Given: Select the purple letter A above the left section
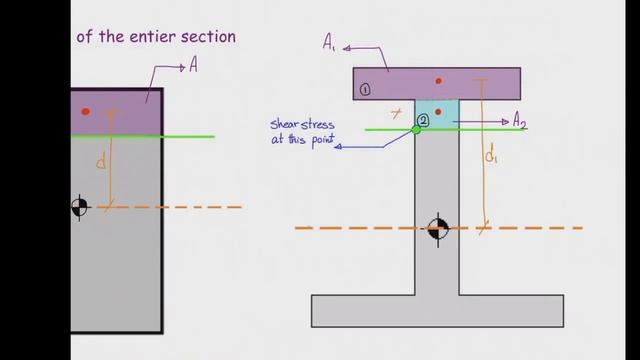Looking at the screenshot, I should pos(192,66).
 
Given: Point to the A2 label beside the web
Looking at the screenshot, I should pos(519,122).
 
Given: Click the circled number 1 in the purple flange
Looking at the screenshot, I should pos(365,89).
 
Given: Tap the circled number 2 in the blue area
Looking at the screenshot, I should pos(424,120).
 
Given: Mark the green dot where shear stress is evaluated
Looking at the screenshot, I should pos(416,129).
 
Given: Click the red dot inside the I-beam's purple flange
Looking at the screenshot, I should pos(438,80).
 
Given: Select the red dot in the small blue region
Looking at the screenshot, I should pos(438,111).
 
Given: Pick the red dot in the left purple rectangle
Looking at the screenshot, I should pos(86,111).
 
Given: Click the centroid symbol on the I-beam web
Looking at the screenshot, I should pos(437,228).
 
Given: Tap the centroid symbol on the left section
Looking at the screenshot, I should pos(80,207).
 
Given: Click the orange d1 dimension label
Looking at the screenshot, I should pos(491,155).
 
